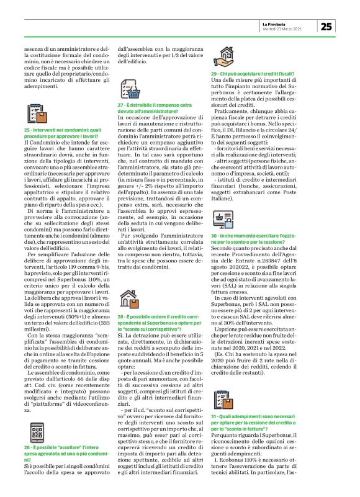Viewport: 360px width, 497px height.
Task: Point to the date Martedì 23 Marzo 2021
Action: [x=290, y=29]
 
